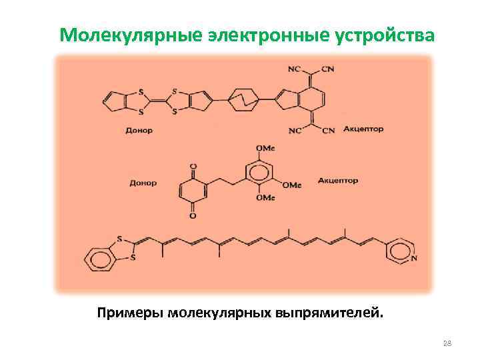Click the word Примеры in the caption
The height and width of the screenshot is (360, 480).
pos(130,312)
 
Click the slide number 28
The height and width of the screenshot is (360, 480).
pos(447,343)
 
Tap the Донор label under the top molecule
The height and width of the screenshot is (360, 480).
pos(139,130)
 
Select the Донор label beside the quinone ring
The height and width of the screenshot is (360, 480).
pos(141,182)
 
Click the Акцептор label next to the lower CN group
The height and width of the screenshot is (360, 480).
pos(363,129)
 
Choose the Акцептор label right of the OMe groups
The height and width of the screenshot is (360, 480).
pos(338,180)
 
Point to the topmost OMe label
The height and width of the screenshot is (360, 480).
pos(266,148)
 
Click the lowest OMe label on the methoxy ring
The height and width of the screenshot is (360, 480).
pos(265,198)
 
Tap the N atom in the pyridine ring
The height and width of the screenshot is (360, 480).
pos(415,258)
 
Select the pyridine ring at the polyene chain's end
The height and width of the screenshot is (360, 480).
pos(400,250)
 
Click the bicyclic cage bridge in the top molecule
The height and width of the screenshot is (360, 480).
pos(243,100)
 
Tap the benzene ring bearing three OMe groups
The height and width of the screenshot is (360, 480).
pos(260,173)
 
